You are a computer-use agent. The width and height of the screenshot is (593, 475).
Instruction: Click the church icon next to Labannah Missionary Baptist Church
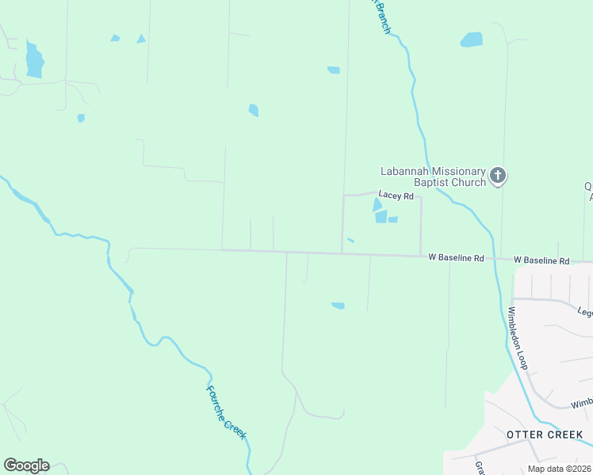click(497, 175)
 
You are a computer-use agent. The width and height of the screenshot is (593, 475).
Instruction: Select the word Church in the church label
click(468, 183)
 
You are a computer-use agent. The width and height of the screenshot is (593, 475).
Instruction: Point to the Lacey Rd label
click(396, 195)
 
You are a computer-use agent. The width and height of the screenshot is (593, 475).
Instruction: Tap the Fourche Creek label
click(227, 412)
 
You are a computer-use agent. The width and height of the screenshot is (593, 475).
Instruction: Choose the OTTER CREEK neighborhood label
click(545, 435)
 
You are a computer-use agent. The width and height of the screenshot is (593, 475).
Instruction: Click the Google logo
click(26, 465)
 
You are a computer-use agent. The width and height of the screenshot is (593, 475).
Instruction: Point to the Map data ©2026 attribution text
click(560, 469)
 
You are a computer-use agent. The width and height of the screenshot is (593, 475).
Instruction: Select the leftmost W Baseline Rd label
click(456, 258)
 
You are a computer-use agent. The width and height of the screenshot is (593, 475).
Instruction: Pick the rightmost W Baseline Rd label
click(541, 260)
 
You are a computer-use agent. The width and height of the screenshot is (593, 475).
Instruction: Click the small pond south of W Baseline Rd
click(338, 306)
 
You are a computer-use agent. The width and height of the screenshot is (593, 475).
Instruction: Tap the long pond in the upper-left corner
click(33, 60)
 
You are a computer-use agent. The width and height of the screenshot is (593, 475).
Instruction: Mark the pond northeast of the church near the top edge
click(472, 39)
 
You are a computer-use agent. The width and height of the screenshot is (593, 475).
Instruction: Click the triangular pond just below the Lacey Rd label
click(377, 205)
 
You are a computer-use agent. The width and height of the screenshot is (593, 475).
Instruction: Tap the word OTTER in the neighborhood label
click(524, 435)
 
